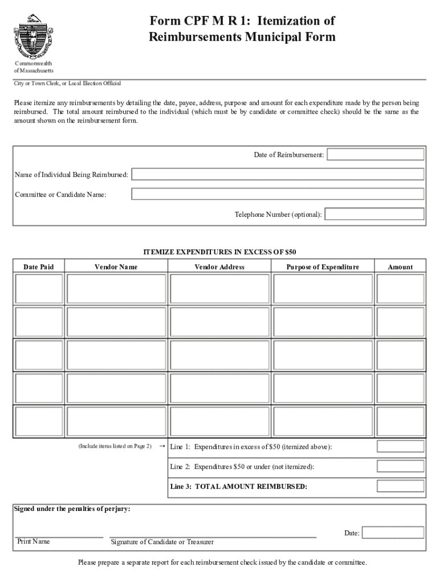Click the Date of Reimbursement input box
click(375, 155)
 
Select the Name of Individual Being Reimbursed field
click(278, 174)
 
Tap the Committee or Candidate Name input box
click(278, 194)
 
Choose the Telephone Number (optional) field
click(374, 214)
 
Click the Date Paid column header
click(39, 267)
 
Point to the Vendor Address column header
click(219, 267)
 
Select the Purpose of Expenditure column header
click(323, 267)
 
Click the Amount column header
click(400, 267)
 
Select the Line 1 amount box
click(400, 447)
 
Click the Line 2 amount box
click(400, 467)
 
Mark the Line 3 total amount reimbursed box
click(400, 486)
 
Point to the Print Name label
click(33, 541)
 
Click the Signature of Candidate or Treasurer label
click(162, 542)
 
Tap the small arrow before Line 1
click(161, 446)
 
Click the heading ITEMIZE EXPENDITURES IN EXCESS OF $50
click(219, 252)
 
